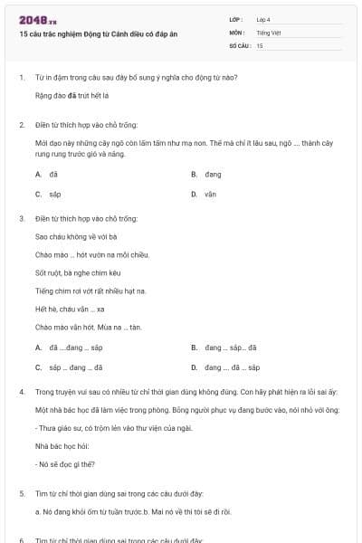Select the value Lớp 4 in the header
pyautogui.click(x=263, y=19)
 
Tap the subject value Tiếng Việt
pyautogui.click(x=267, y=32)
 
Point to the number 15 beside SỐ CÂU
pyautogui.click(x=260, y=44)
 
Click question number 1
pyautogui.click(x=21, y=77)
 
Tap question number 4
pyautogui.click(x=21, y=392)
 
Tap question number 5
pyautogui.click(x=21, y=493)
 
